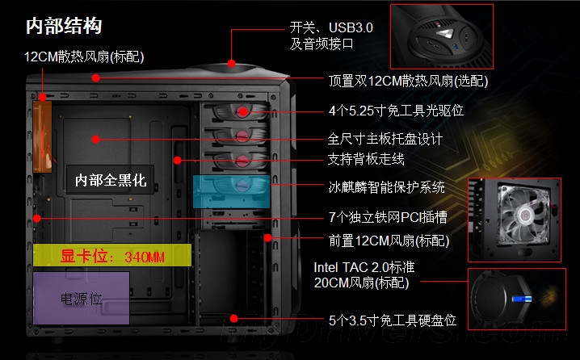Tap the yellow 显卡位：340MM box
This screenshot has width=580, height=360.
pyautogui.click(x=113, y=256)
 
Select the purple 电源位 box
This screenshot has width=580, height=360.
pyautogui.click(x=82, y=298)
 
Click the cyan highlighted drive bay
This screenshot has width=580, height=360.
pyautogui.click(x=231, y=189)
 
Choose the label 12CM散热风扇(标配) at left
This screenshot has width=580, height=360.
pyautogui.click(x=85, y=57)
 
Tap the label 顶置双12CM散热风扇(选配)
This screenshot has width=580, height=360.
pyautogui.click(x=408, y=81)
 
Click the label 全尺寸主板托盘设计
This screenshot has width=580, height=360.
pyautogui.click(x=385, y=138)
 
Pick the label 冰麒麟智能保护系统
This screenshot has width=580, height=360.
pyautogui.click(x=386, y=187)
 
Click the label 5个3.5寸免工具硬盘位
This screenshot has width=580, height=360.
pyautogui.click(x=393, y=320)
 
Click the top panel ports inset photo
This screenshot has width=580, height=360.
pyautogui.click(x=441, y=36)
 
